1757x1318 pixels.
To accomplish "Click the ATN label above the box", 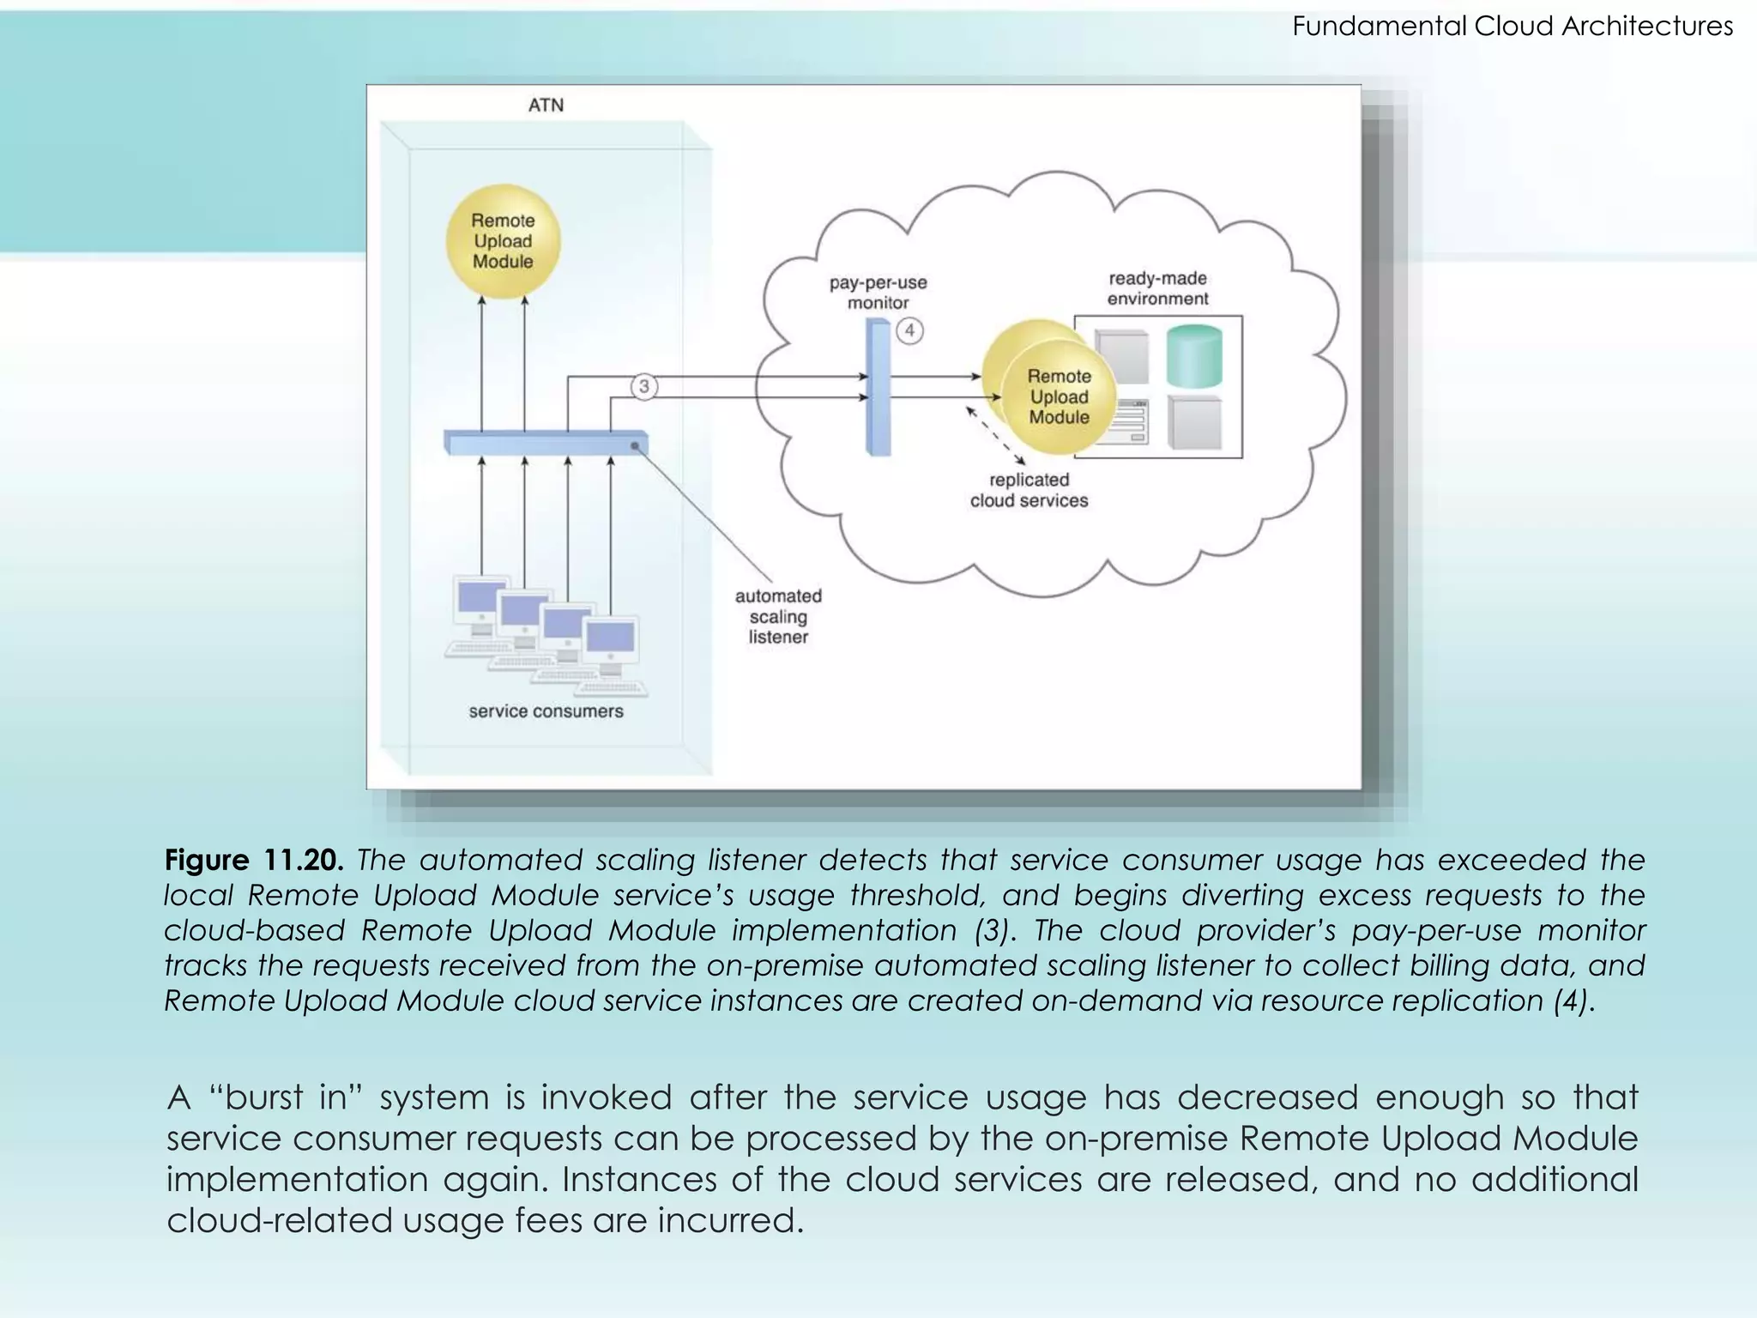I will [546, 105].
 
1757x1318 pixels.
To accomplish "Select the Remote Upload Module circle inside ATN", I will [503, 241].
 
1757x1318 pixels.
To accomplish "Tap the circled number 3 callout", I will [644, 386].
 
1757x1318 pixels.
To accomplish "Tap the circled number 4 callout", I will [909, 330].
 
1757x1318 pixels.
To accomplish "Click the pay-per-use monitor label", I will [878, 293].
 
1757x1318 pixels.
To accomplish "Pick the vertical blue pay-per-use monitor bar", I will [878, 386].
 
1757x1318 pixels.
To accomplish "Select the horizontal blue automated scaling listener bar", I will [546, 443].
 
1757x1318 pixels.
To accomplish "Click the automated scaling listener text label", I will [778, 616].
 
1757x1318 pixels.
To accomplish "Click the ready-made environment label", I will [1157, 288].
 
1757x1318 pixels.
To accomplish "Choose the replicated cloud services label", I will [1029, 490].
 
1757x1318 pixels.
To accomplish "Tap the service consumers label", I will [546, 711].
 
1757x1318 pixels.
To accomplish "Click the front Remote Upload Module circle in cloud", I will [1060, 397].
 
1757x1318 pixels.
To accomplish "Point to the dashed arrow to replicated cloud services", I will [995, 435].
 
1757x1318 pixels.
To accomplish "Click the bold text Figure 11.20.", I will [254, 859].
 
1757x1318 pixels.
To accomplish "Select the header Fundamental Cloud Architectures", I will [1512, 26].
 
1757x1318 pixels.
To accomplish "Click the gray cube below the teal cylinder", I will [1194, 423].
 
